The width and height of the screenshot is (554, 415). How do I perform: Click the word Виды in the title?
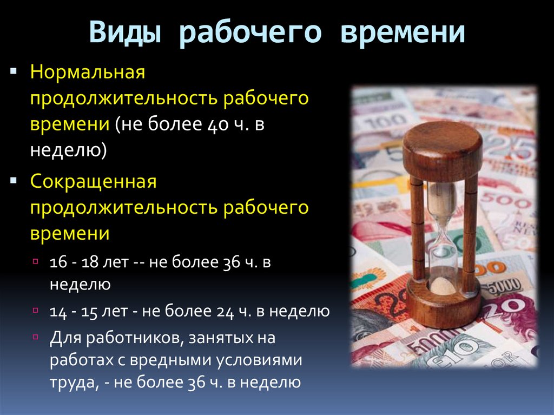(126, 32)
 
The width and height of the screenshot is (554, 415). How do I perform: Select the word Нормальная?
(88, 73)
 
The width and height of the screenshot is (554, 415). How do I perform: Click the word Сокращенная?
(93, 182)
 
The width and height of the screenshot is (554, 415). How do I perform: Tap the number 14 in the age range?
(57, 311)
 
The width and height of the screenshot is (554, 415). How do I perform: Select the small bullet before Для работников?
(36, 337)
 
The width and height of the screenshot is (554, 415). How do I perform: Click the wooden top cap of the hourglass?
(442, 143)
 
